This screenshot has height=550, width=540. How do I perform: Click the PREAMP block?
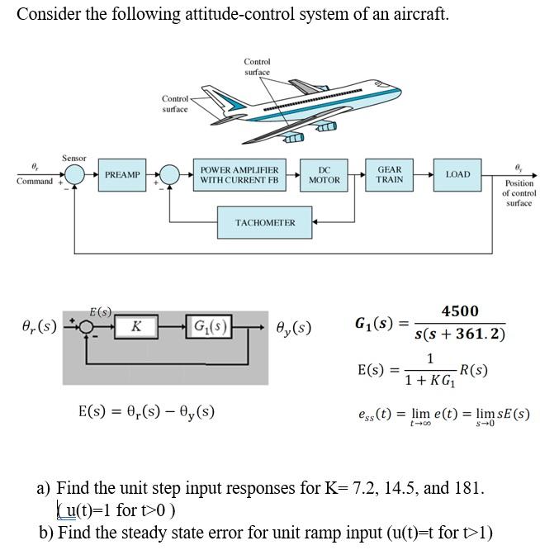[x=123, y=175]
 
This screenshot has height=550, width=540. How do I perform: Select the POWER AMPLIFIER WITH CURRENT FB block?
[x=239, y=174]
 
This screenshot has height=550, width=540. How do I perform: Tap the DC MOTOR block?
[x=324, y=174]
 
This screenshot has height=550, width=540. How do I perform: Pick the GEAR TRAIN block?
[x=390, y=174]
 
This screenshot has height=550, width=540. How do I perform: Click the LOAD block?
[x=457, y=174]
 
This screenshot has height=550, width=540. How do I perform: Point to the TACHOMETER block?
[x=264, y=222]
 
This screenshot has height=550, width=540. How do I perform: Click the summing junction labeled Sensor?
[x=75, y=175]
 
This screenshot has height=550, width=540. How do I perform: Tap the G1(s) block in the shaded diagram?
[x=209, y=324]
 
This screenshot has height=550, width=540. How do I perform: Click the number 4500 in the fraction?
[x=459, y=311]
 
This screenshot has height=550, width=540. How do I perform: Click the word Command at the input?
[x=34, y=181]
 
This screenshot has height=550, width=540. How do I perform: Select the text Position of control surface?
[x=519, y=192]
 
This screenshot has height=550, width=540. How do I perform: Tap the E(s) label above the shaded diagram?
[x=102, y=311]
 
